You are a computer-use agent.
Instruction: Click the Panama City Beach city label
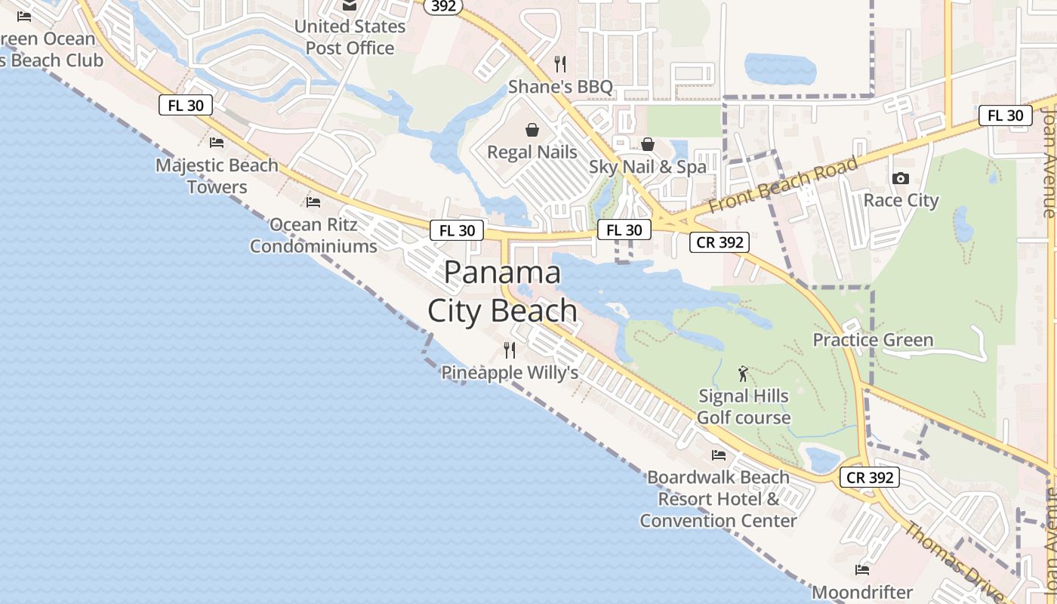(502, 291)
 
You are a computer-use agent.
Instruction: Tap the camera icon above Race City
(900, 178)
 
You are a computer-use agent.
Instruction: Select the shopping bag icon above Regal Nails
(532, 130)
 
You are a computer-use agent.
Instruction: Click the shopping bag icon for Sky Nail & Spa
(648, 143)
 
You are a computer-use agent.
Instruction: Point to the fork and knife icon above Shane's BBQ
(559, 63)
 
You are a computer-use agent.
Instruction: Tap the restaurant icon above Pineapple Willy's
(510, 350)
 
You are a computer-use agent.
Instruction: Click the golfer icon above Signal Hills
(744, 373)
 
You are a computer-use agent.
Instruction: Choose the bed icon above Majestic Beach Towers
(217, 142)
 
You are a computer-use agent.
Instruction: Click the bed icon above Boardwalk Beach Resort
(719, 455)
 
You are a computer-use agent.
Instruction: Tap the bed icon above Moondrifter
(862, 569)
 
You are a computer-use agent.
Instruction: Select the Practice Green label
(873, 340)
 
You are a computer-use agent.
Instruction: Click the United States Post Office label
(350, 37)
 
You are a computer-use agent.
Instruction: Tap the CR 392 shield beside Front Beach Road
(719, 242)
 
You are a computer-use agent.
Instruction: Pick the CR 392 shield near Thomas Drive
(870, 477)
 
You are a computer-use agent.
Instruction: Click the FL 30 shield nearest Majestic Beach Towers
(186, 106)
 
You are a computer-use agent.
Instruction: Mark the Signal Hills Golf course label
(744, 407)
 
